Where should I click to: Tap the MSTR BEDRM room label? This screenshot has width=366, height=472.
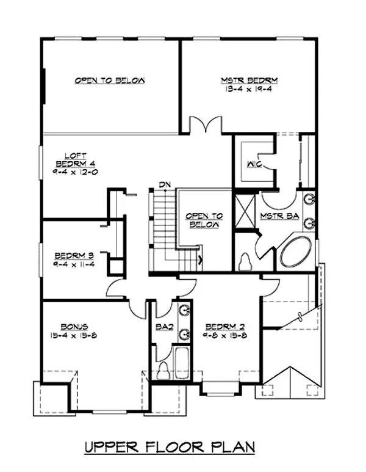(249, 80)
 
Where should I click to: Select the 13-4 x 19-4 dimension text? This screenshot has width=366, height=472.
(249, 89)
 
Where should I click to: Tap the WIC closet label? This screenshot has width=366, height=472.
(254, 165)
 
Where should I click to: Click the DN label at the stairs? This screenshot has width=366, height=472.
(163, 184)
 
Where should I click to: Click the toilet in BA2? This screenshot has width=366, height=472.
(163, 368)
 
